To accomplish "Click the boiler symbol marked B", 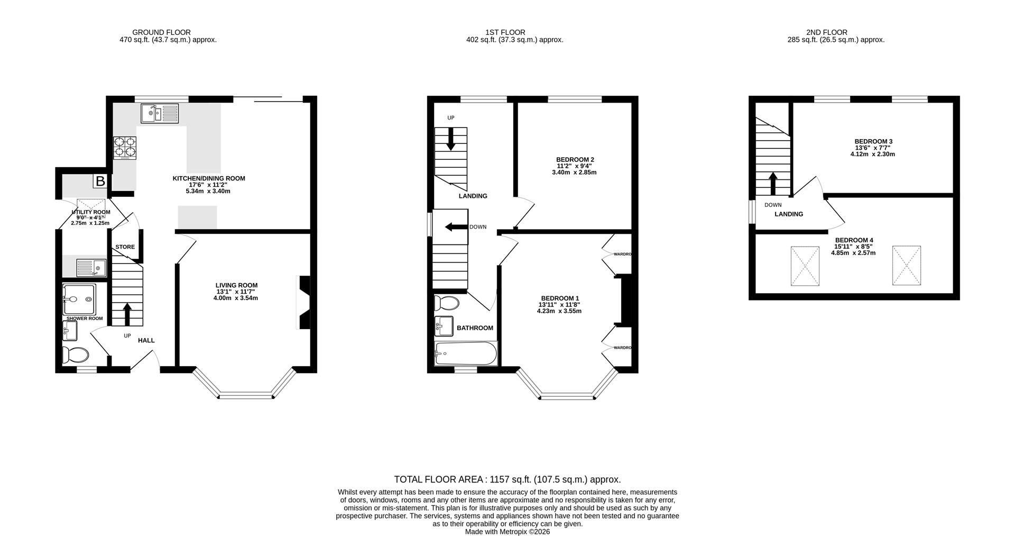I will pos(100,181).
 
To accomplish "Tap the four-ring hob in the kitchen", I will pos(124,148).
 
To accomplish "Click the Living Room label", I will pos(236,285).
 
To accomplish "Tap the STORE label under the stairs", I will pos(125,247).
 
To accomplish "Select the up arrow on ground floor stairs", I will pos(127,314).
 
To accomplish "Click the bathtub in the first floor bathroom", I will pos(466,353).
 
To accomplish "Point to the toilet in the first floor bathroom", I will pos(446,303).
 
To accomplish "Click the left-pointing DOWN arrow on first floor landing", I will pos(455,227).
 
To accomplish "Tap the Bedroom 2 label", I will pos(575,159).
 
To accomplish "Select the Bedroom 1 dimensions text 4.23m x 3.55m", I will pos(559,311).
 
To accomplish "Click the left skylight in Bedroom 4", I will pos(805,266).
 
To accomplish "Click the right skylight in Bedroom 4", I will pos(906,266).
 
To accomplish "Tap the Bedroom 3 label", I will pos(873,141).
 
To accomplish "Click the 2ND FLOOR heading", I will pos(827,32).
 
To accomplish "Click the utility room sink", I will pos(91,267).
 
